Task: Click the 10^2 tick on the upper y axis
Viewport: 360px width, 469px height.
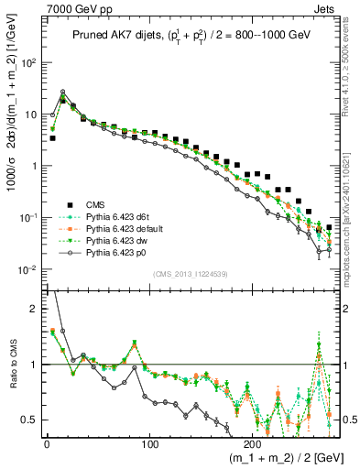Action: coord(28,63)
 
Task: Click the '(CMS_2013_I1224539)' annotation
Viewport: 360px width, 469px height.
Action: coord(190,273)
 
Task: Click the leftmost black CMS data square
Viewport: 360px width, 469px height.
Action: coord(52,138)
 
